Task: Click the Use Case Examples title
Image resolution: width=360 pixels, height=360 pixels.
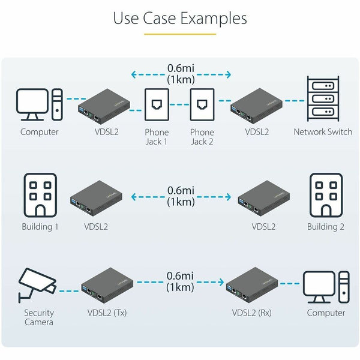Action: tap(180, 18)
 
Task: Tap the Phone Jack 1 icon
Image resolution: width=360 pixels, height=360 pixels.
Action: tap(156, 106)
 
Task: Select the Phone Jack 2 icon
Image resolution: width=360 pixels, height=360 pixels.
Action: tap(202, 106)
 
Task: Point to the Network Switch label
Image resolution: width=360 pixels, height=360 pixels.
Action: tap(323, 132)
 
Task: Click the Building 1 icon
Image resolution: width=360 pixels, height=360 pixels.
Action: tap(40, 195)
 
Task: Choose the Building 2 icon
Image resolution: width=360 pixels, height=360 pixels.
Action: tap(326, 195)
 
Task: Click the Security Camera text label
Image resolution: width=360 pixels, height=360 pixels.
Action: tap(39, 317)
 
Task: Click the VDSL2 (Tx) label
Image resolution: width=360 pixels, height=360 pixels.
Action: tap(107, 313)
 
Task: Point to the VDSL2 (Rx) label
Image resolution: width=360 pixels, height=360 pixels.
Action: tap(253, 313)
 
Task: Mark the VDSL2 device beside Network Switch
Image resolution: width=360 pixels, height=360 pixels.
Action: tap(257, 103)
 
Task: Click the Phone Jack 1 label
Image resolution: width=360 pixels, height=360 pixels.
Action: tap(157, 137)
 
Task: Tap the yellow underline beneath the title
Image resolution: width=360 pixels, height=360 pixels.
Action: tap(180, 34)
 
